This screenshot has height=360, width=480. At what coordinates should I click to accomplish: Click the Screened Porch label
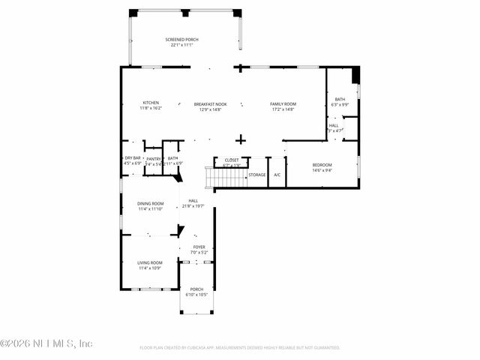(x=181, y=39)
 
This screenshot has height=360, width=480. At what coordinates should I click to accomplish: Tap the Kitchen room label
(x=151, y=103)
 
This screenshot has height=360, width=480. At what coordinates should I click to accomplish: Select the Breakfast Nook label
(x=210, y=103)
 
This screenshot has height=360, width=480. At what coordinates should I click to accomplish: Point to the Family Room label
(x=283, y=103)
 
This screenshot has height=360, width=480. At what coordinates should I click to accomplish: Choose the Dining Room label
(x=150, y=203)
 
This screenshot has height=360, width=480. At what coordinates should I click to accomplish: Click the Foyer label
(x=199, y=247)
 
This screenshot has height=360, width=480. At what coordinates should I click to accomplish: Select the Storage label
(x=257, y=175)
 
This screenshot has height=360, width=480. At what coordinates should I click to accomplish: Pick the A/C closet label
(x=277, y=175)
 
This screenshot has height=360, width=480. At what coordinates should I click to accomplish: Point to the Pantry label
(x=153, y=159)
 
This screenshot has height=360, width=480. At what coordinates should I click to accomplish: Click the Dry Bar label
(x=132, y=157)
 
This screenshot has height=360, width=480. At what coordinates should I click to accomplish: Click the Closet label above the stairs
(x=231, y=160)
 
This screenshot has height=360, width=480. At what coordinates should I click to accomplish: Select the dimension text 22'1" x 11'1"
(x=181, y=45)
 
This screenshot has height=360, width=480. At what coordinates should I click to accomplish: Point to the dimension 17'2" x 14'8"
(x=283, y=109)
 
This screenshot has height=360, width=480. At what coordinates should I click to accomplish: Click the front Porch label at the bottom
(x=196, y=289)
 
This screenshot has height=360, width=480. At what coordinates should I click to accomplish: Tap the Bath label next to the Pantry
(x=172, y=158)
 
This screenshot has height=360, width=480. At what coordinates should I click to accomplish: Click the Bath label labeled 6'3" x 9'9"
(x=340, y=99)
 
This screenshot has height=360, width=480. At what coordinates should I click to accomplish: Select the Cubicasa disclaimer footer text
(x=240, y=348)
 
